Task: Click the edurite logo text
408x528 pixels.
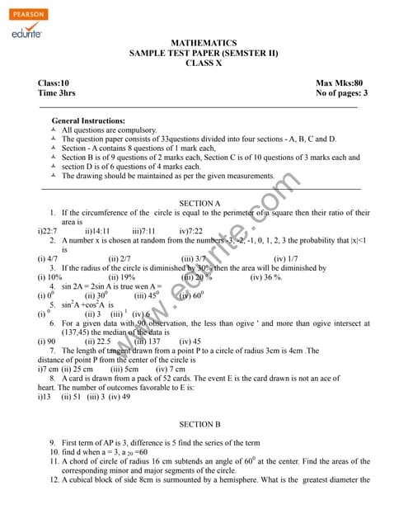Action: (28, 33)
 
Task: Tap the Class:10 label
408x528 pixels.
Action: (54, 83)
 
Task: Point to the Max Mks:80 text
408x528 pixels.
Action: (339, 83)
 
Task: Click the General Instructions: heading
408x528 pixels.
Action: (91, 120)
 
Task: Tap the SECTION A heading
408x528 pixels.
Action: (199, 203)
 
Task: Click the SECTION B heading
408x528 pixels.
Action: (199, 424)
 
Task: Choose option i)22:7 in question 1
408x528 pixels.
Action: (49, 232)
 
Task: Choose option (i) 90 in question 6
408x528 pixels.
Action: (47, 341)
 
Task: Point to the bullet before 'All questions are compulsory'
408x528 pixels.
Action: (54, 130)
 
